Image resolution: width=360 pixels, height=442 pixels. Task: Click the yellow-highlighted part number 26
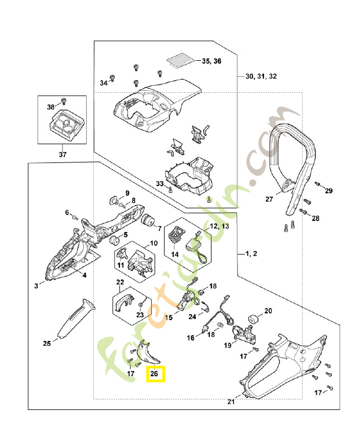pos(155,374)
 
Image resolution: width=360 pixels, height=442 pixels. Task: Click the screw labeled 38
pos(62,101)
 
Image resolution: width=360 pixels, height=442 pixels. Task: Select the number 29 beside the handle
pos(329,191)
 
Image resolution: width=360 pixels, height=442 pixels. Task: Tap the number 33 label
pos(159,183)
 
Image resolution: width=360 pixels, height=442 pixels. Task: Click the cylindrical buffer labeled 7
pos(147,221)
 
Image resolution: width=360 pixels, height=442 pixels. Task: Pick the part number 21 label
pos(231,402)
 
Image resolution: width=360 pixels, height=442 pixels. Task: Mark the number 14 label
pos(174,255)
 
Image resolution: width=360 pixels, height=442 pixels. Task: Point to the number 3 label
pos(36,286)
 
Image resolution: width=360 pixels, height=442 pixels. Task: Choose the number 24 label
pos(192,317)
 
